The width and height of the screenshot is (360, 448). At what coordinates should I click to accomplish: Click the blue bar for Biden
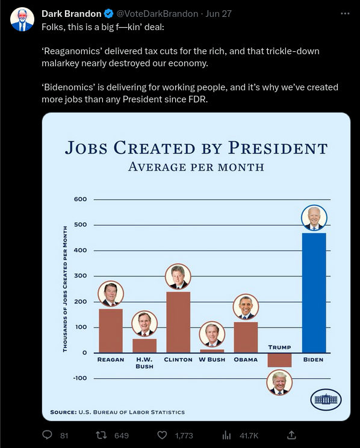[x=314, y=293]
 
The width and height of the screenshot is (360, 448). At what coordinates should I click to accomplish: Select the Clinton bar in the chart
[x=178, y=322]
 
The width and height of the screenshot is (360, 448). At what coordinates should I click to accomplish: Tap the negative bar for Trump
[x=279, y=360]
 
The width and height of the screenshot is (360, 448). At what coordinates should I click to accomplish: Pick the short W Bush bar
[x=212, y=351]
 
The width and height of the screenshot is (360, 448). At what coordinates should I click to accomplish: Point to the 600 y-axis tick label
[x=80, y=199]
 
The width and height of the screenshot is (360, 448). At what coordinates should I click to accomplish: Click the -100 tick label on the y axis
[x=79, y=378]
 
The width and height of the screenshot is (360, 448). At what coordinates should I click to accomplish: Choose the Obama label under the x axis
[x=246, y=359]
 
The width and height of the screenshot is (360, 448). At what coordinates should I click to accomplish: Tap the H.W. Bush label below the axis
[x=144, y=363]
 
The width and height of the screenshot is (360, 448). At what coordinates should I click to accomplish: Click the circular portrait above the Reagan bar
[x=111, y=294]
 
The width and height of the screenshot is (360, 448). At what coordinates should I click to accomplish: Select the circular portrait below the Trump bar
[x=279, y=382]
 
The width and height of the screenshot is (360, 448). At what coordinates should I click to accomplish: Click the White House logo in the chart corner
[x=326, y=399]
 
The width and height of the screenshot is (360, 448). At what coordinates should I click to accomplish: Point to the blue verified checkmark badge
[x=108, y=14]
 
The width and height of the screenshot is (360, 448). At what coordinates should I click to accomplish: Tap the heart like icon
[x=162, y=435]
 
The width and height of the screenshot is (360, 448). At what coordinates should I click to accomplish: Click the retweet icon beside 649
[x=101, y=435]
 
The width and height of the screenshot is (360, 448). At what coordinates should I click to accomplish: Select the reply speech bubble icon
[x=47, y=435]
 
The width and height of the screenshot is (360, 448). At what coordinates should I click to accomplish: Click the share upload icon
[x=291, y=435]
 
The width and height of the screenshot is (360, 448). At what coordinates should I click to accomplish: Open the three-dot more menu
[x=345, y=13]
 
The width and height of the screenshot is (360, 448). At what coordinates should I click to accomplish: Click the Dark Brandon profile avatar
[x=22, y=19]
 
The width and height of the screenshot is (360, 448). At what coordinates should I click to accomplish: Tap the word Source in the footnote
[x=63, y=412]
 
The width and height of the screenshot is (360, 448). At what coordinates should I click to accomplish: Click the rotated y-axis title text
[x=65, y=289]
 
